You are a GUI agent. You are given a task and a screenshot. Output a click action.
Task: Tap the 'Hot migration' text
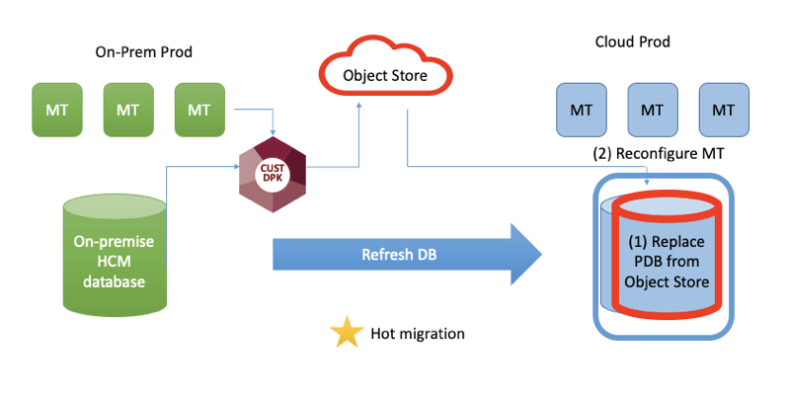[417, 334]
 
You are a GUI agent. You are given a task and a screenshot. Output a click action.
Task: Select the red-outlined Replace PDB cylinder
[667, 254]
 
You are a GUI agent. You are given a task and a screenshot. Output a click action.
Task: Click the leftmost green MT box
[56, 109]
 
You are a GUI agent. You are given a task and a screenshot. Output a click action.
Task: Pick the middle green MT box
[127, 109]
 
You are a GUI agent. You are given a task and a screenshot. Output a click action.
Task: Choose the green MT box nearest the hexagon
[198, 109]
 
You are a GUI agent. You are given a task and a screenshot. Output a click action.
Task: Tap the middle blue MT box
[652, 110]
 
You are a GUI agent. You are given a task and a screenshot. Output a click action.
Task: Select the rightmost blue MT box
[723, 110]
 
